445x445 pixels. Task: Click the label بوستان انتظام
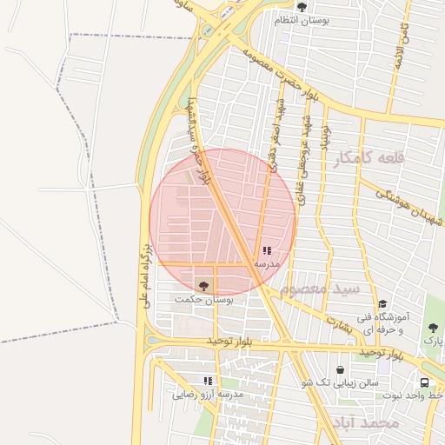(x=301, y=20)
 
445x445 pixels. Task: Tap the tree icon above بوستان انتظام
(x=301, y=7)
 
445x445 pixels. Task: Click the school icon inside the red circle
(x=266, y=250)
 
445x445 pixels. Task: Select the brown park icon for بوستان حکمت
(x=204, y=285)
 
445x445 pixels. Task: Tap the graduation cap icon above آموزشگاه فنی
(x=382, y=303)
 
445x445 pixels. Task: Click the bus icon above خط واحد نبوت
(x=424, y=382)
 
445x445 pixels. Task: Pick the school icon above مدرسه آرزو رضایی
(x=209, y=381)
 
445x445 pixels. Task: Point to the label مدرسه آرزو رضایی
(x=209, y=395)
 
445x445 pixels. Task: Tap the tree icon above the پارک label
(x=433, y=328)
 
